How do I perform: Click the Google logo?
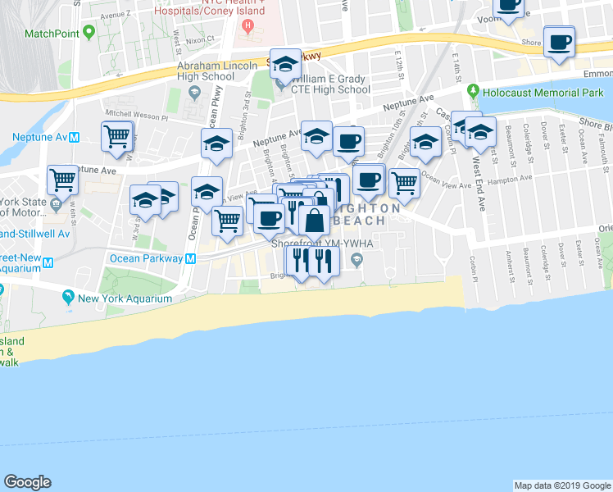point(27,482)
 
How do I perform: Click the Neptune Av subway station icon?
point(74,137)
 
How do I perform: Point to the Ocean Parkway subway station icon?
point(190,258)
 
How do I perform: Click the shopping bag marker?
point(314,221)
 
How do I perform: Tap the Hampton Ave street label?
point(511,181)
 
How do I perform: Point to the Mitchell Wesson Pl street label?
point(134,116)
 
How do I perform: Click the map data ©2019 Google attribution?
point(562,485)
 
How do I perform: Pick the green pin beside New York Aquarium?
point(70,298)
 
